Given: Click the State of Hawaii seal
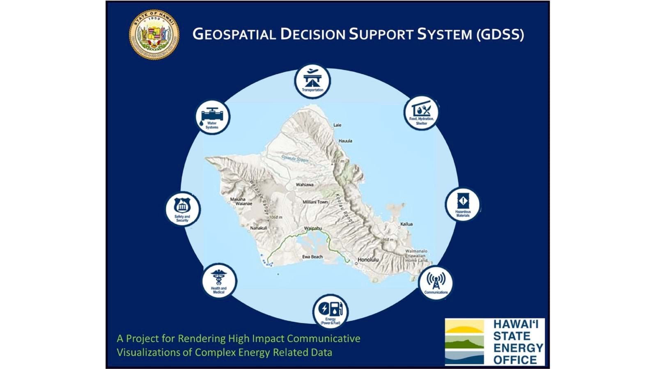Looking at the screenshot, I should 154,34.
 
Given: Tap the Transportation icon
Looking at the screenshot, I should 312,80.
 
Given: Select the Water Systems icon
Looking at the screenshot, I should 212,117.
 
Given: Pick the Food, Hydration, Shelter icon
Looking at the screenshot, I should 421,113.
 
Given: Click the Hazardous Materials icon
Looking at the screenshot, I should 463,204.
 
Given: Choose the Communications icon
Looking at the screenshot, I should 436,283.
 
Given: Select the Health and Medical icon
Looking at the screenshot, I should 219,281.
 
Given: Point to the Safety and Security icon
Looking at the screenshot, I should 182,209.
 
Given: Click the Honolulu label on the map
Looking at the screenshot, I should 368,260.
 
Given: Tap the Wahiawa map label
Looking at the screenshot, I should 305,185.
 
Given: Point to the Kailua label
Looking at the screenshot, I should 406,224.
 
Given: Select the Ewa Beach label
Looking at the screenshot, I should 312,257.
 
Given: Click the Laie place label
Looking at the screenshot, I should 337,125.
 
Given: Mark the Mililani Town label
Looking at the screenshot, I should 315,202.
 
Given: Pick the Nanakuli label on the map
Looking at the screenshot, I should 259,228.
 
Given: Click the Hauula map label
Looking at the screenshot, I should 345,141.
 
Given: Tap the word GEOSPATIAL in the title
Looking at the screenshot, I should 234,34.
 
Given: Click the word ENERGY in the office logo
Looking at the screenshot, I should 518,348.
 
